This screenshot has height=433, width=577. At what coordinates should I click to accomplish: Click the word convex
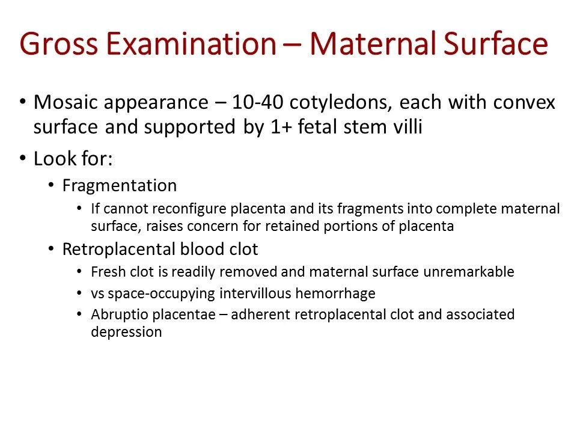click(x=524, y=103)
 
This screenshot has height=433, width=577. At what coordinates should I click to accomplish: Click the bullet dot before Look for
click(x=23, y=159)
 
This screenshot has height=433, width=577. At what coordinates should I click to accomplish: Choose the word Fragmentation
click(x=120, y=186)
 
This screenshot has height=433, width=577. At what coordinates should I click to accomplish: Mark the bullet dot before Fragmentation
click(x=51, y=186)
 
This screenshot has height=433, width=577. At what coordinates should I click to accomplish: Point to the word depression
click(x=127, y=332)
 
